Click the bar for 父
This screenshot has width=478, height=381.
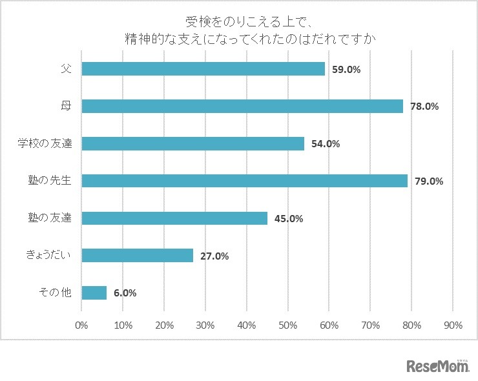tap(203, 68)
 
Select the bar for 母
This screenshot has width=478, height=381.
tap(242, 106)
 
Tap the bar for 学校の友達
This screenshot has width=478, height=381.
tap(192, 143)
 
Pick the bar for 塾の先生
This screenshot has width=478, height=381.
tap(244, 181)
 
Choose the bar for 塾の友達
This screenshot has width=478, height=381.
tap(174, 218)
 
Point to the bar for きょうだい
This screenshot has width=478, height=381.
tap(137, 256)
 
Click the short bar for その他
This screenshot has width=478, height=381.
tap(94, 293)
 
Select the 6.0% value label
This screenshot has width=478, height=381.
tap(125, 293)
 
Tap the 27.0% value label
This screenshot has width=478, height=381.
tap(214, 256)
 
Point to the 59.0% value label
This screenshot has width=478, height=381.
tap(346, 69)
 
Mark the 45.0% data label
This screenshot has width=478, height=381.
tap(288, 218)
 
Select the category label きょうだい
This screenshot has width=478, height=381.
tap(48, 256)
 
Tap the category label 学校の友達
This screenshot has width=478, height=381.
tap(45, 143)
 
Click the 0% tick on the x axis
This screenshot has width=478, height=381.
tap(81, 325)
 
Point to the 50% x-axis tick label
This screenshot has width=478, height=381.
tap(288, 325)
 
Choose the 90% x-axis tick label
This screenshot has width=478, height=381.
tap(453, 325)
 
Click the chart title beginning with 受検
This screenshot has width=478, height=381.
tap(251, 30)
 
